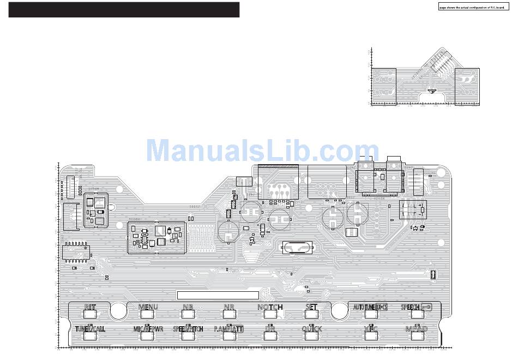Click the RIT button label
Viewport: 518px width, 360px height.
click(x=90, y=307)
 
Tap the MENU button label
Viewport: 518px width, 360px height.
click(x=148, y=307)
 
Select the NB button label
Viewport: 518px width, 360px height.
click(x=188, y=307)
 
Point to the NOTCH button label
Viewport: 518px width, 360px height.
click(x=270, y=307)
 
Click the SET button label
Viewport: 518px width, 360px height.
click(x=311, y=307)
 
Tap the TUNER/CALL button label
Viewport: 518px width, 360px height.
click(x=90, y=329)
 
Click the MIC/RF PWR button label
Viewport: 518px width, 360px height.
click(x=148, y=329)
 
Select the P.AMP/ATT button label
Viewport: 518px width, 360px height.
click(x=228, y=329)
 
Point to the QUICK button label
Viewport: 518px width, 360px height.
click(x=311, y=329)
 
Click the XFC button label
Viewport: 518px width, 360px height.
click(x=371, y=329)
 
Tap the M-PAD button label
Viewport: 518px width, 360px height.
click(x=416, y=329)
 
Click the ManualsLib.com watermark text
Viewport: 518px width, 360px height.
click(x=263, y=150)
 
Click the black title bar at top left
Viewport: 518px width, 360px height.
click(x=124, y=10)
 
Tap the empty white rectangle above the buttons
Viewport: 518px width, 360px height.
click(x=218, y=295)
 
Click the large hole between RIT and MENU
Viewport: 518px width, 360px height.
click(x=118, y=311)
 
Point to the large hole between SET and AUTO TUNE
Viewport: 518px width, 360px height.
click(x=339, y=311)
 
